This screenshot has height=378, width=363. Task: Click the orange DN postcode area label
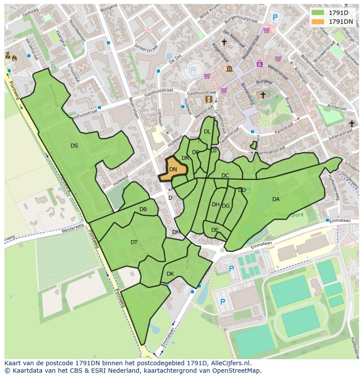coord(173,169)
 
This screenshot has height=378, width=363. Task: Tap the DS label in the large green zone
coord(74,145)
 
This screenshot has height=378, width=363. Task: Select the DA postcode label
coord(276,199)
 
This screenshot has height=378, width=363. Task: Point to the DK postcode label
coord(170,274)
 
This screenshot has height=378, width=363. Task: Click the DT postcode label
coord(134,242)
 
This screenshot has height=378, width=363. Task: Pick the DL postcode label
coord(207,132)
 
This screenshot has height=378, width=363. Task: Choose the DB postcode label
coord(143,209)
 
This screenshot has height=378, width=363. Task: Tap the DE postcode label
coord(215,230)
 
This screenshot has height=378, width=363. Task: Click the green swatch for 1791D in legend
coord(318,13)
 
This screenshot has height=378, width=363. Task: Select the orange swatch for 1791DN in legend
coord(318,22)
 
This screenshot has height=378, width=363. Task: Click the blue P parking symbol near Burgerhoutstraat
coord(275,18)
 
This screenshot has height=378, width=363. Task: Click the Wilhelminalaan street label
coord(312,66)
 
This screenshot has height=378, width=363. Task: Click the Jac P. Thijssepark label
coord(282,215)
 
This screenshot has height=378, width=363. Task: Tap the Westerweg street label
coord(72,229)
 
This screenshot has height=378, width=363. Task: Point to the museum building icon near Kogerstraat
coord(229,68)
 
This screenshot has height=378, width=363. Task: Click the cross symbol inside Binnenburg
coord(263,94)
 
